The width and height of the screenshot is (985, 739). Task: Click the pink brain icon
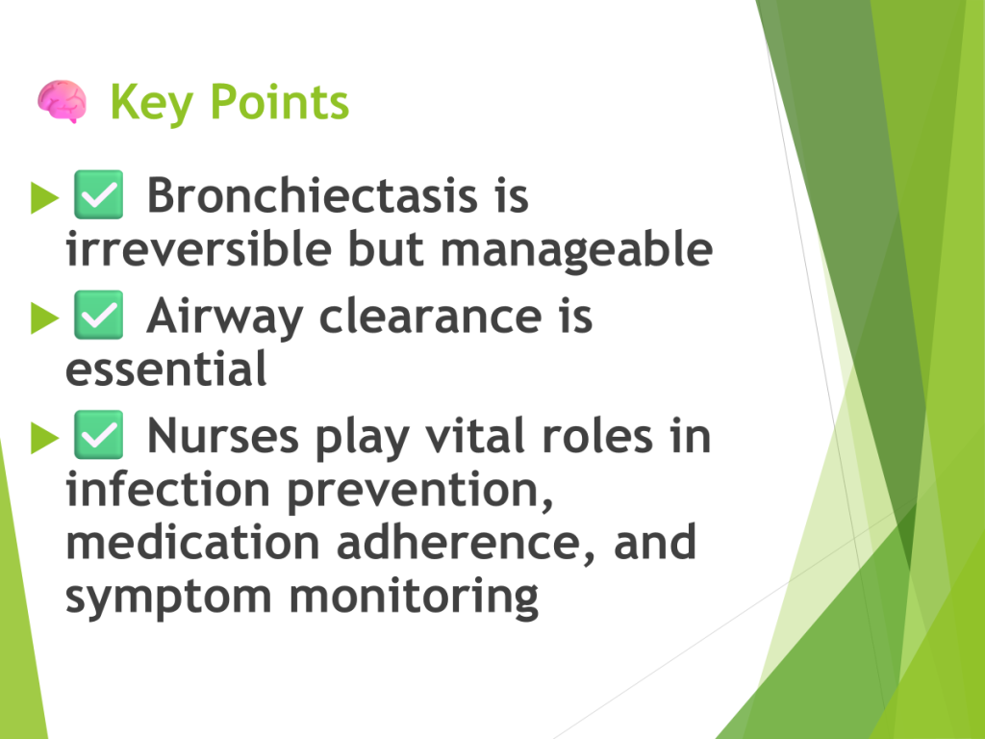click(x=62, y=101)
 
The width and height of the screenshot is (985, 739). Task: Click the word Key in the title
click(x=151, y=103)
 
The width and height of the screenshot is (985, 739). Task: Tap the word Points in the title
click(x=279, y=102)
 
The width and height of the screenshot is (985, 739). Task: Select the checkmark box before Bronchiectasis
click(x=99, y=194)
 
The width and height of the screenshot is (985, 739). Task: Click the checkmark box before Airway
click(x=99, y=315)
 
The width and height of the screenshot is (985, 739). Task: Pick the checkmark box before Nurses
click(x=99, y=434)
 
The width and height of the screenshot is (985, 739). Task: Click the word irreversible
click(x=198, y=248)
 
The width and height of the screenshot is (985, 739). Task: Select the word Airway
click(x=225, y=318)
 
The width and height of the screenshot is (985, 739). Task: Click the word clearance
click(x=431, y=316)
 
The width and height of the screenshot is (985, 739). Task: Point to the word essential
click(x=165, y=369)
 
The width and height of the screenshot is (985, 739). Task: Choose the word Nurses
click(x=223, y=436)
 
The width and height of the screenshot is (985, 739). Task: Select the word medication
click(x=192, y=542)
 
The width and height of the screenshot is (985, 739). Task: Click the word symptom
click(x=168, y=598)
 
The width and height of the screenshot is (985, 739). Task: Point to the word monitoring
click(x=414, y=598)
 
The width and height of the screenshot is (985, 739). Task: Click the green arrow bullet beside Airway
click(x=44, y=318)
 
